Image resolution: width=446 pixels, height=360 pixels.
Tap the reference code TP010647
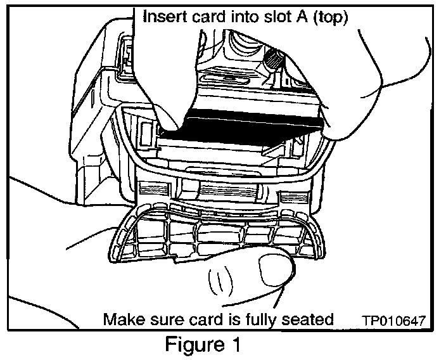tap(394, 320)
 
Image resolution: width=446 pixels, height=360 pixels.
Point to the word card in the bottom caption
tap(202, 319)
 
